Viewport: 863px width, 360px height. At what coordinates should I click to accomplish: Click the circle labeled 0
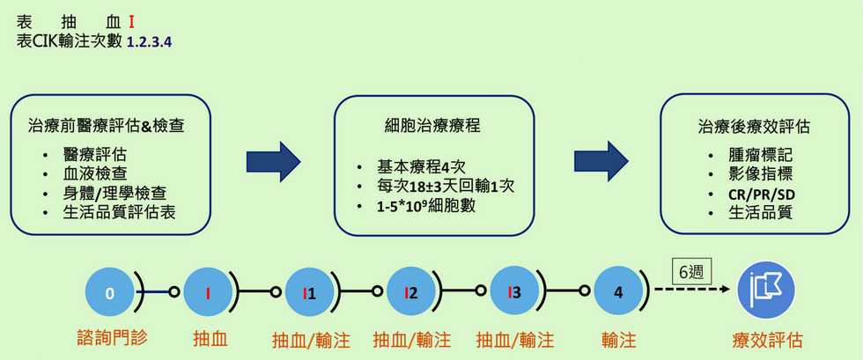[x=109, y=293]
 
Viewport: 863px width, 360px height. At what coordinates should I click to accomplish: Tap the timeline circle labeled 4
[x=617, y=293]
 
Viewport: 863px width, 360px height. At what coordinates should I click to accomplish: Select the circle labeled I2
[x=411, y=293]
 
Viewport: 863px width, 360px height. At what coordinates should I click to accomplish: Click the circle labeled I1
[x=309, y=293]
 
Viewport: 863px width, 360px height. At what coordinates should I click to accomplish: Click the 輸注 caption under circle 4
[x=621, y=339]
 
